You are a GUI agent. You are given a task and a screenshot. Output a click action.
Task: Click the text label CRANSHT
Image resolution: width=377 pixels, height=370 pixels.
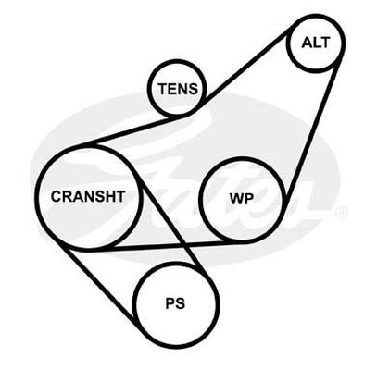88,196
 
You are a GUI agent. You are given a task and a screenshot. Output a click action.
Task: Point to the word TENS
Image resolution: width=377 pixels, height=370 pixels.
178,89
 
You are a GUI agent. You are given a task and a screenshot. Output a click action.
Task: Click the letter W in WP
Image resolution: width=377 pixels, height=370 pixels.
237,199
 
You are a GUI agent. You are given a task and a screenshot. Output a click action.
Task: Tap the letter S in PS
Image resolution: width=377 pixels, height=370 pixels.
180,303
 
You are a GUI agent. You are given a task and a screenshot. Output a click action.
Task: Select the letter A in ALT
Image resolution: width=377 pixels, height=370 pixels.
308,43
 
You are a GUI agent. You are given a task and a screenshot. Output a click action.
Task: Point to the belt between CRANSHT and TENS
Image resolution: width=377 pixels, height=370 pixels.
133,130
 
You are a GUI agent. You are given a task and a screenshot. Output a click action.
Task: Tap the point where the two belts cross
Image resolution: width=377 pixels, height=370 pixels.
182,246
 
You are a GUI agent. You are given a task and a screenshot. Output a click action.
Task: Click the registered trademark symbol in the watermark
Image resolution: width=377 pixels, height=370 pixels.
342,212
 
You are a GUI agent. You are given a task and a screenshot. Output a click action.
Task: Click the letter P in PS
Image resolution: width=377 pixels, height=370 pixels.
170,303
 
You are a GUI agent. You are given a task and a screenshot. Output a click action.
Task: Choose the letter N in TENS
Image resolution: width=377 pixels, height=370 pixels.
183,89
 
